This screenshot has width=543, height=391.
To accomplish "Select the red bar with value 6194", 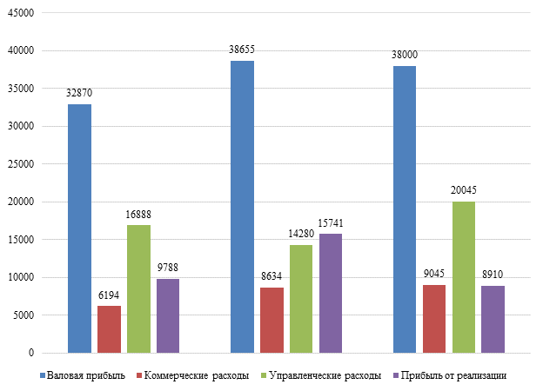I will click(x=109, y=329).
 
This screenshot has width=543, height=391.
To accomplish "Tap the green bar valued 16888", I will click(x=138, y=288).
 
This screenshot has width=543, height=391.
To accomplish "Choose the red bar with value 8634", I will click(x=271, y=320).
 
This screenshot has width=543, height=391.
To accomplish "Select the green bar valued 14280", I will click(x=301, y=299).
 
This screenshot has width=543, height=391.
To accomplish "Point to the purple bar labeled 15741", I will click(x=331, y=293).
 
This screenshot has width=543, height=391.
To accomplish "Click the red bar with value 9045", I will click(x=434, y=319).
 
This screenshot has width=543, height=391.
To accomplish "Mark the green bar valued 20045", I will click(x=464, y=277).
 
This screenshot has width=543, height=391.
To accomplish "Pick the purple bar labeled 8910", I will click(x=493, y=319).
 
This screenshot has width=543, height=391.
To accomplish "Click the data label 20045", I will click(x=464, y=190).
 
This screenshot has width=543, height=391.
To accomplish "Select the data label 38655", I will click(x=242, y=50).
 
